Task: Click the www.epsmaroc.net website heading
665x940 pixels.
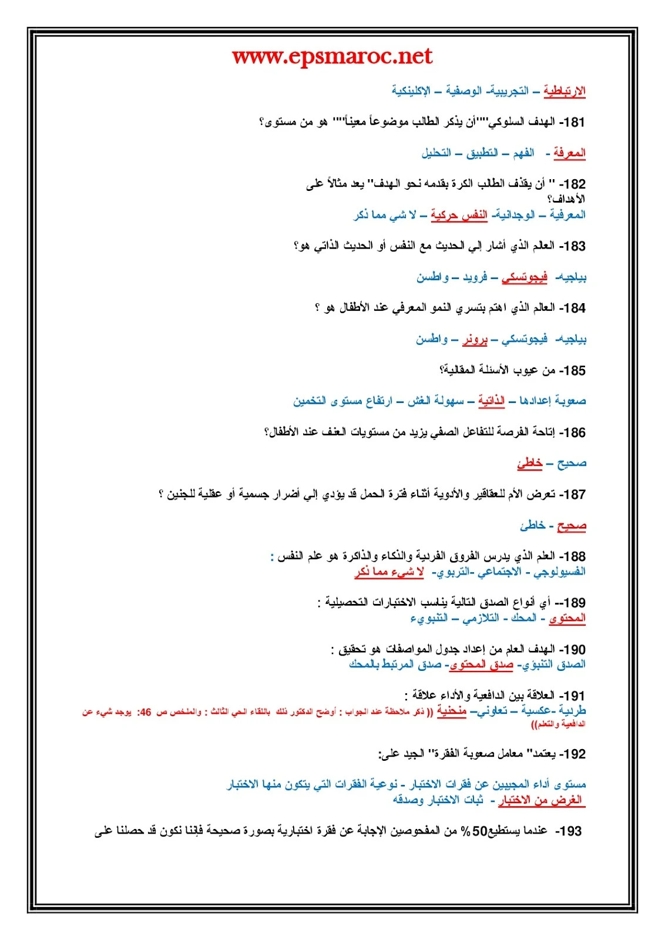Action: (332, 57)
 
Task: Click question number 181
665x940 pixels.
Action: (574, 122)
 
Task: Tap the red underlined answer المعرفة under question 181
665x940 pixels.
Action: (569, 153)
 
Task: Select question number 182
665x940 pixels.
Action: (574, 184)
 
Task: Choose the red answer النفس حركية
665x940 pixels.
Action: (459, 215)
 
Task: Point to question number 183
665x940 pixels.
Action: (574, 246)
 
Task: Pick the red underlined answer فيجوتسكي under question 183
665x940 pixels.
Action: (525, 277)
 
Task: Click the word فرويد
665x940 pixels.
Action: (475, 277)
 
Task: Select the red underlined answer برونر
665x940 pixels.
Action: (475, 339)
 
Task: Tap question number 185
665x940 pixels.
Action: (574, 371)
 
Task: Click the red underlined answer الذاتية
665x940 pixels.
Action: (491, 401)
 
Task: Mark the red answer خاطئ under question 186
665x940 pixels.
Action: (529, 464)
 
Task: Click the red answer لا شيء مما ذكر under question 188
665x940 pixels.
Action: (389, 572)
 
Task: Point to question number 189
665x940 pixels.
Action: (573, 603)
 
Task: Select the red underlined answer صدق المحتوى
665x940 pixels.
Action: (481, 664)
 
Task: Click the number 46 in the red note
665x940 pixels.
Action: (145, 712)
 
